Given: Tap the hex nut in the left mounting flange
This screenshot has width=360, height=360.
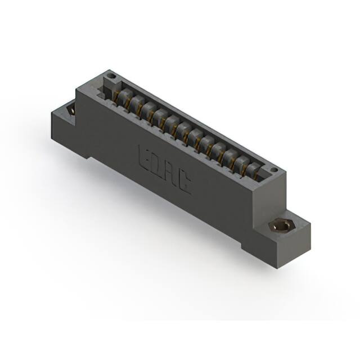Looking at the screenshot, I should [x=71, y=110].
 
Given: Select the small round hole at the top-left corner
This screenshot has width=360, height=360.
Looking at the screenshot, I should [x=111, y=76].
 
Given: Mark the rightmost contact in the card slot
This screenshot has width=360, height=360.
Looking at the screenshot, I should [x=256, y=170].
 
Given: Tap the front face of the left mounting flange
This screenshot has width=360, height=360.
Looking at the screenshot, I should [x=63, y=133].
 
